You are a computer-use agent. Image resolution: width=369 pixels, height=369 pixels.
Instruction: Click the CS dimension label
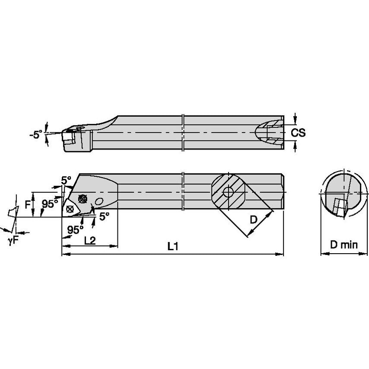pos(298,133)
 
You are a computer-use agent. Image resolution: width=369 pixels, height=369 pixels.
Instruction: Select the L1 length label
pos(173,247)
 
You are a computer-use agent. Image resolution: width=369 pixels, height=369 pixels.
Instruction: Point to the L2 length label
pos(90,240)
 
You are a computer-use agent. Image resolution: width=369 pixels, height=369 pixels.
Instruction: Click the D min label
pos(344,245)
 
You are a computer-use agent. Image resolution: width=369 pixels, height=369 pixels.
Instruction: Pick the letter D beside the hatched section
pos(254,220)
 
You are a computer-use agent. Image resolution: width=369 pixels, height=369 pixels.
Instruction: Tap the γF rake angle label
pos(13,241)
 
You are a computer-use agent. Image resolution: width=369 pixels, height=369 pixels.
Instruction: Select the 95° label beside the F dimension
pos(50,204)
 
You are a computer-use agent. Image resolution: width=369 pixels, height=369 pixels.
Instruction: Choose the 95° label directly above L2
pos(76,229)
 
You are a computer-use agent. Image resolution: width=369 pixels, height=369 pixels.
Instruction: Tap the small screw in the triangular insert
pos(70,208)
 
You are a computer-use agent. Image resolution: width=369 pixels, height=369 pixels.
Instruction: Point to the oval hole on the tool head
pos(99,202)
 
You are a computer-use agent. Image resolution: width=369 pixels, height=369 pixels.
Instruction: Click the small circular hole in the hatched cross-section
pos(228,192)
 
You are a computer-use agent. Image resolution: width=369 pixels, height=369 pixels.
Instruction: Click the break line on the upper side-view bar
pos(183,133)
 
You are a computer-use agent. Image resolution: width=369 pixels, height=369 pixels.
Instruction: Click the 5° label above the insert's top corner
pos(66,180)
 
